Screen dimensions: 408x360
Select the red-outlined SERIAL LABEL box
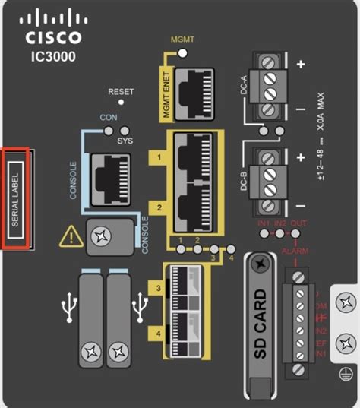[x=17, y=198]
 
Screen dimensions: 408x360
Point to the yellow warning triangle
[x=72, y=237]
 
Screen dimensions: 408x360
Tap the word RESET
[x=121, y=91]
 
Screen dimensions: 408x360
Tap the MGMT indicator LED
[x=182, y=52]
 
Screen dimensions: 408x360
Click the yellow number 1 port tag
[x=159, y=157]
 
